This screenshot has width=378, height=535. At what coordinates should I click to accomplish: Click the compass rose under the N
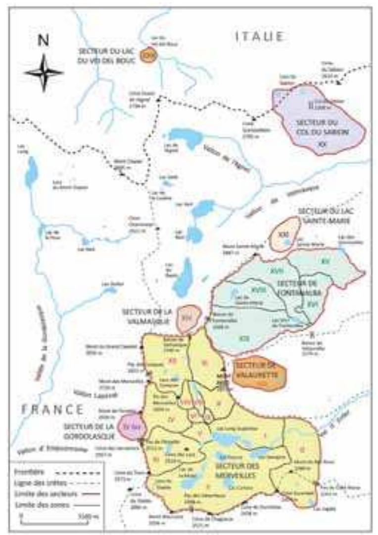[x=44, y=73]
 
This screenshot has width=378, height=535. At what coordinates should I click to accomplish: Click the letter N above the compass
[x=44, y=41]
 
